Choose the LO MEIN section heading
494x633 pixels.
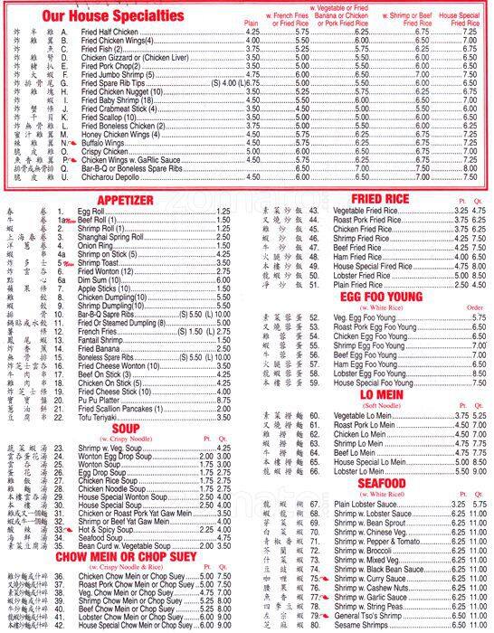click(x=381, y=394)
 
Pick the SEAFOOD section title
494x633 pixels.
click(x=381, y=483)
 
